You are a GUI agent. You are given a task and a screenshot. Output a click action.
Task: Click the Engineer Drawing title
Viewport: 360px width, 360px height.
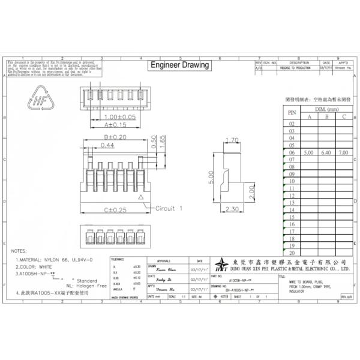click(x=179, y=65)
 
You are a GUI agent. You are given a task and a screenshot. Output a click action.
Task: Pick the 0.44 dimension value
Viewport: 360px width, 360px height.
click(x=108, y=145)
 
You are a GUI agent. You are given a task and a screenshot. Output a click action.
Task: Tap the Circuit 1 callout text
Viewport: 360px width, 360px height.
click(x=169, y=209)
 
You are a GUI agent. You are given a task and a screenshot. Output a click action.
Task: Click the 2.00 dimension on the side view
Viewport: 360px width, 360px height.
click(x=251, y=193)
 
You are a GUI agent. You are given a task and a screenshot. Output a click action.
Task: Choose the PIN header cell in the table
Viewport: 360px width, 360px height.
click(x=292, y=112)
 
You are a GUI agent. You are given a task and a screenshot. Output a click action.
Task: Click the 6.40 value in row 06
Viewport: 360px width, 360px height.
click(x=326, y=154)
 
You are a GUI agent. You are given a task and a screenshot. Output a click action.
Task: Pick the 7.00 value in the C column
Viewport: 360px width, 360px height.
click(x=344, y=154)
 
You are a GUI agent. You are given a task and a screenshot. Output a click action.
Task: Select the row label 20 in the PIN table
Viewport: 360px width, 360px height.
click(x=292, y=253)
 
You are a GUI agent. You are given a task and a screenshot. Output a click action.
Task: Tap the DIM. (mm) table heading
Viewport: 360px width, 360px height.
click(x=326, y=109)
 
